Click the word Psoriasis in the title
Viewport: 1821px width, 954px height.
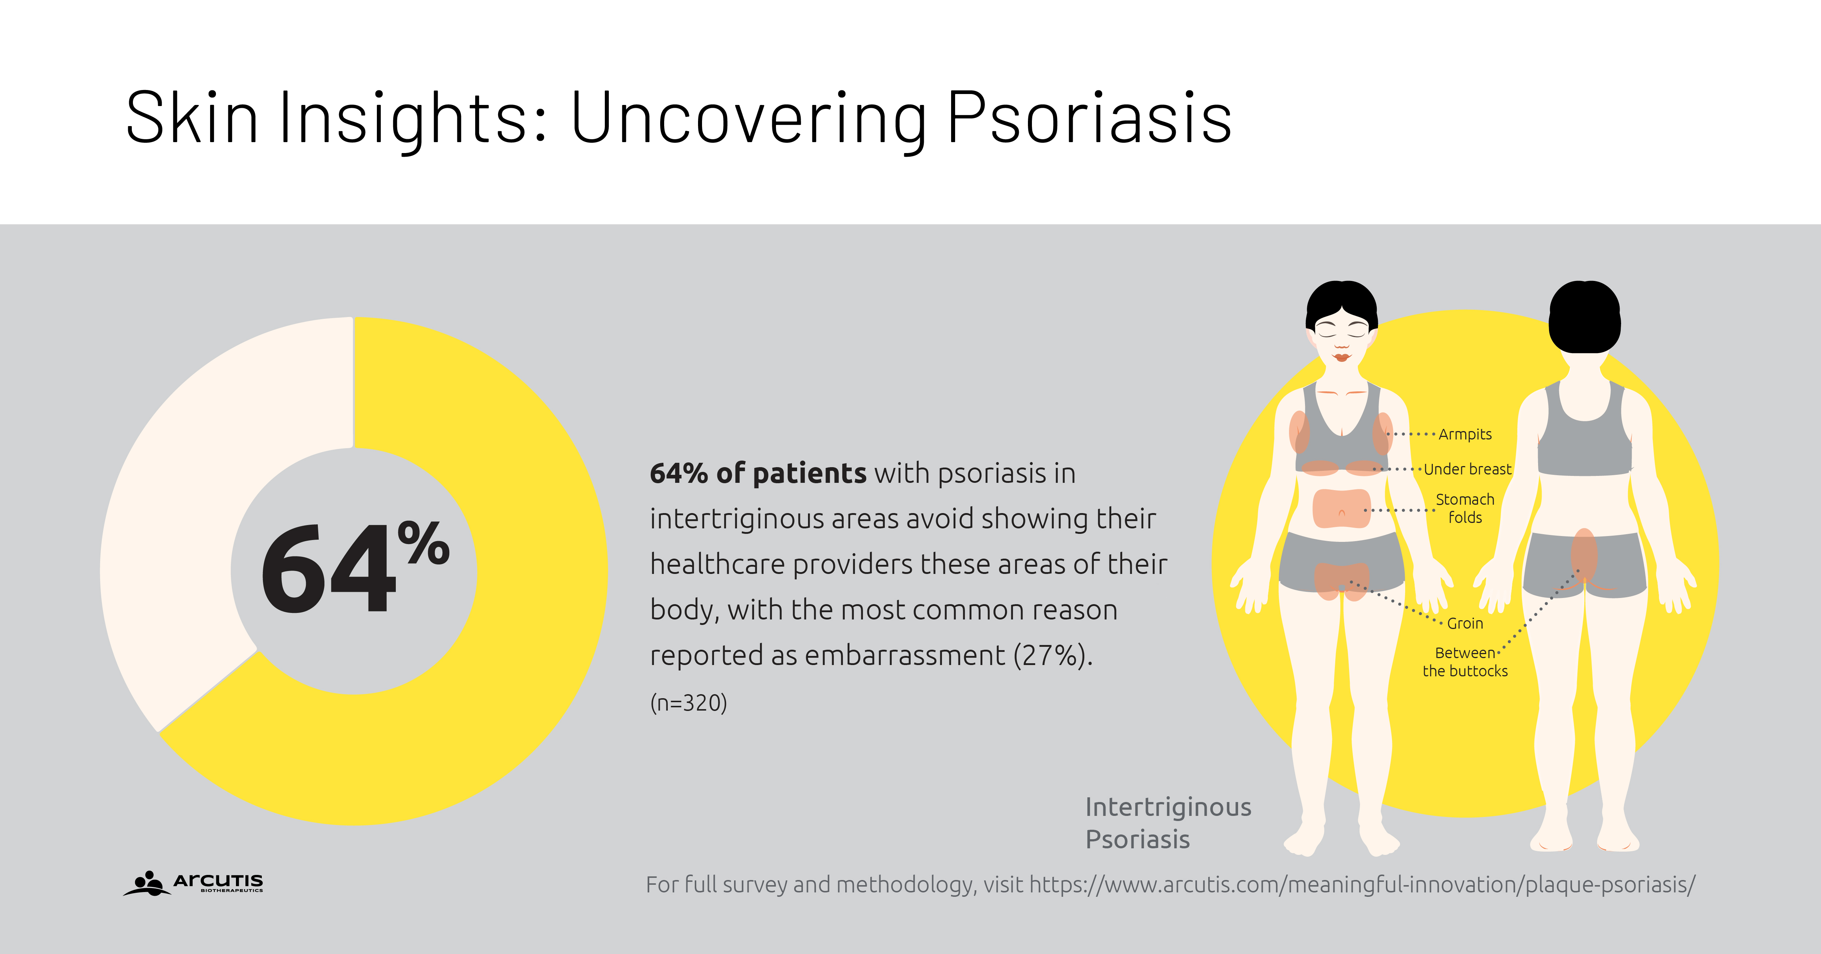click(x=1089, y=118)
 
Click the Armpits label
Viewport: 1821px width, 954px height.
click(x=1465, y=434)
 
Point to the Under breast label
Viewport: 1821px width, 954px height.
click(x=1467, y=469)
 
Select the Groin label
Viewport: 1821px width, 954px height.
click(x=1465, y=623)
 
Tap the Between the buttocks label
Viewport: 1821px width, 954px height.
click(x=1465, y=662)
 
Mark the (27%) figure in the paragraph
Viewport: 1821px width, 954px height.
click(x=1052, y=655)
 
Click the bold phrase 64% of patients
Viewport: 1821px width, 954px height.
click(x=758, y=473)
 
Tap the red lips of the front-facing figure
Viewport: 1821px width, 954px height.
click(x=1341, y=357)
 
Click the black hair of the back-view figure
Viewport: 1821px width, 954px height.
click(x=1584, y=316)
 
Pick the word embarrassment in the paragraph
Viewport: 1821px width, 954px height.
click(x=905, y=655)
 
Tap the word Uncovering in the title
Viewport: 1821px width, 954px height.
click(x=748, y=118)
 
